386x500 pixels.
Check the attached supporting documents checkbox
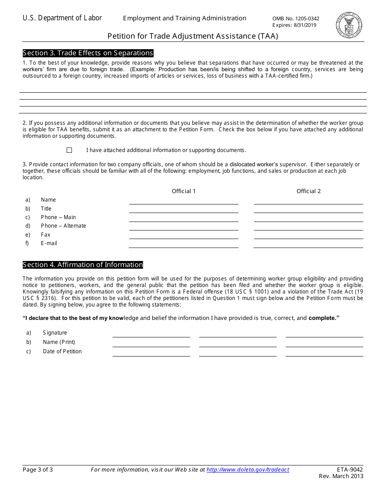point(69,150)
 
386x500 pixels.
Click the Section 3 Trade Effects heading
point(88,53)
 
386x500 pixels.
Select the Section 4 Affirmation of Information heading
point(83,265)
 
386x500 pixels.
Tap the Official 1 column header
point(184,191)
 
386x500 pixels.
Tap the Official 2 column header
point(308,191)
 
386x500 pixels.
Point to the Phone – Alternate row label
point(63,226)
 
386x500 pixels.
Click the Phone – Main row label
point(58,217)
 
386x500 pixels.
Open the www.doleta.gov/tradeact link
point(248,470)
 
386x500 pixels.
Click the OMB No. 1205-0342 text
point(296,19)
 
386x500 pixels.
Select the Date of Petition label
point(62,352)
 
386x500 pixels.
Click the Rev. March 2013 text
point(341,476)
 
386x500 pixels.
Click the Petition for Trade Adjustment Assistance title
point(193,36)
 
